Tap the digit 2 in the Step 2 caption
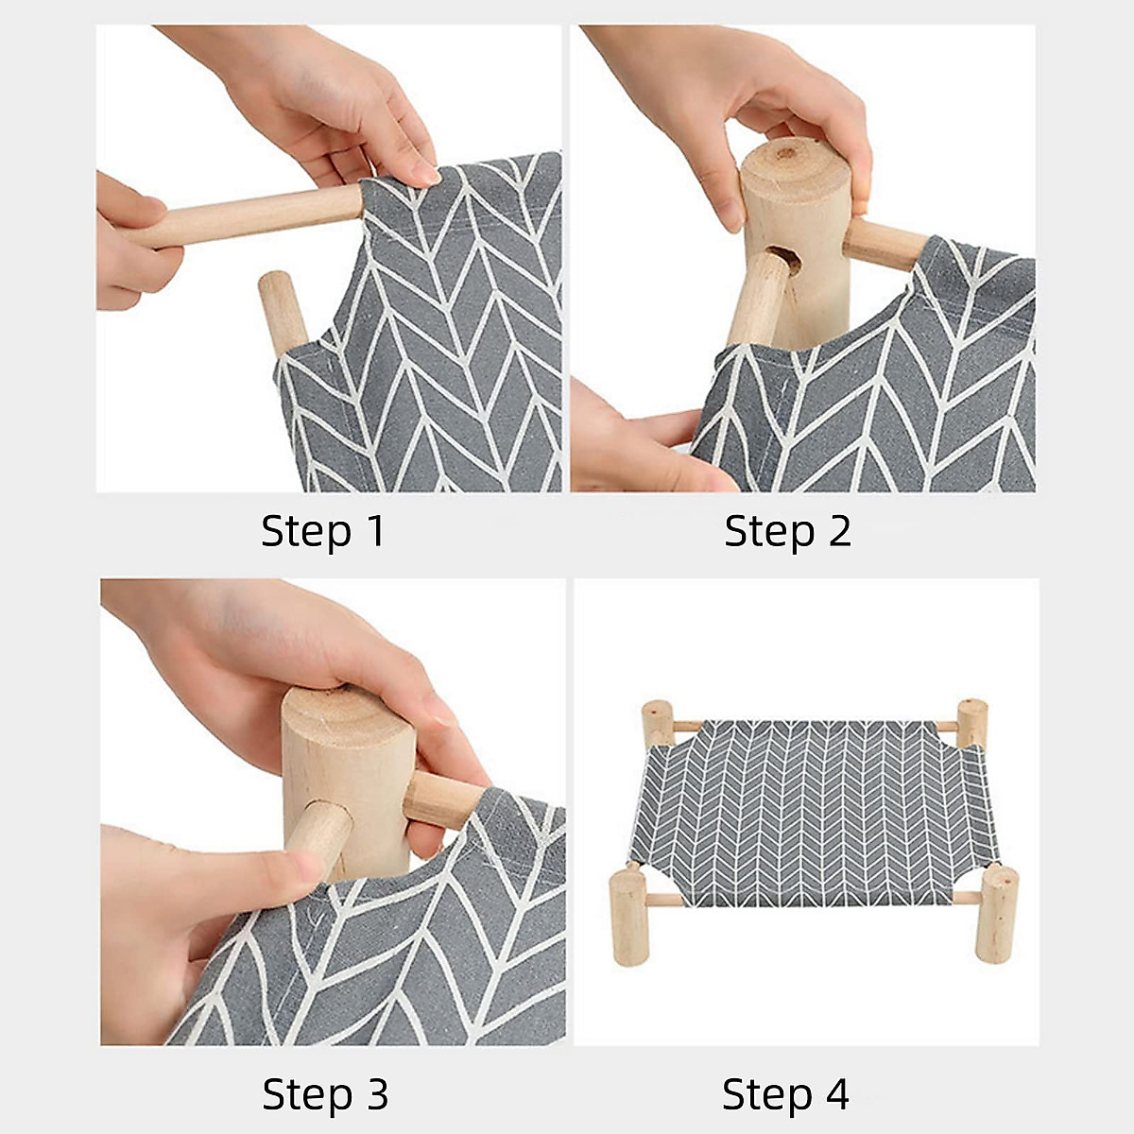pos(838,531)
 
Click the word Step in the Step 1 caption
pos(306,533)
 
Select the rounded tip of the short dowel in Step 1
pos(274,283)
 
